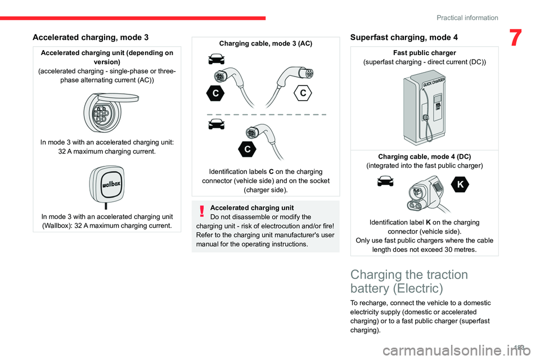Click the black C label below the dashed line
point(247,148)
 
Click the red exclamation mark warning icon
point(200,211)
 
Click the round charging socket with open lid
point(107,111)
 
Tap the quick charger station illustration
point(424,106)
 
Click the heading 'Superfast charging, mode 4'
point(404,37)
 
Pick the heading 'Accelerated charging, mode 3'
point(91,37)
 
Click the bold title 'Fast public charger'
point(424,53)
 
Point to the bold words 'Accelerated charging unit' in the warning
point(251,208)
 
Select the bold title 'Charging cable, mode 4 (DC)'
point(424,156)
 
